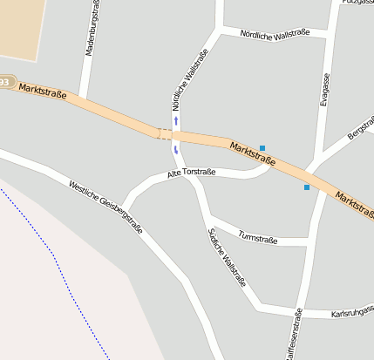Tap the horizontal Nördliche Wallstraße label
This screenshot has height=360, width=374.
coord(273,37)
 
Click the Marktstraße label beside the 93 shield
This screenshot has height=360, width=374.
coord(42,89)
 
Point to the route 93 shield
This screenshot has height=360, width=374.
coord(5,82)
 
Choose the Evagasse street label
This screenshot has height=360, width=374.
coord(324,89)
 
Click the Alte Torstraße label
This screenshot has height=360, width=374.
coord(191,173)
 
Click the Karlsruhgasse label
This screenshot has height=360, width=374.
coord(352,312)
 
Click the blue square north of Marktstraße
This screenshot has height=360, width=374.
coord(262,148)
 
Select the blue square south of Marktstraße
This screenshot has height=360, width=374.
coord(307,187)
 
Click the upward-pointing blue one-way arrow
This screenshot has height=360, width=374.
coord(176,120)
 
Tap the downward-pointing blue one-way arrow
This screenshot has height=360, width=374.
coord(176,150)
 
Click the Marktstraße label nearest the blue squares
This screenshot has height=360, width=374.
coord(254,153)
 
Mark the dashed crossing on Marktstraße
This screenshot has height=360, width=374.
coord(164,133)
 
